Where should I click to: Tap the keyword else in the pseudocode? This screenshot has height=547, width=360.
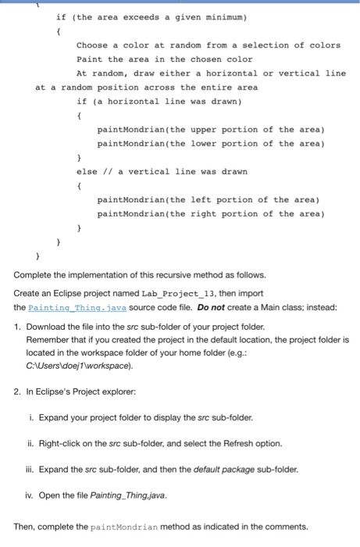(x=87, y=171)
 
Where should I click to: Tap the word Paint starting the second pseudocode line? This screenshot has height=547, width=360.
(x=87, y=59)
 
